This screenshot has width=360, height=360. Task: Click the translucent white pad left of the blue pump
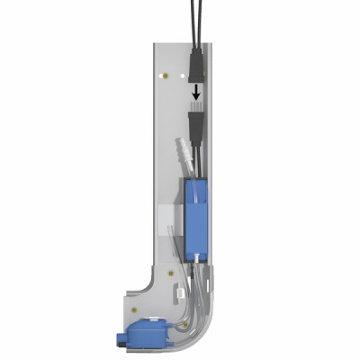[x=168, y=219]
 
